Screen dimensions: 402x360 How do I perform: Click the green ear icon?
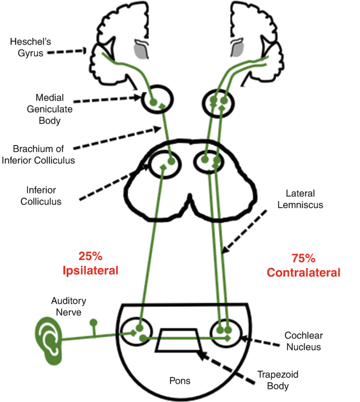tap(48, 342)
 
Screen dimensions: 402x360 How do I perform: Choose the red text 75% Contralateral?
tap(303, 266)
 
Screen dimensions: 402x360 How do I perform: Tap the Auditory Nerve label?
tap(68, 307)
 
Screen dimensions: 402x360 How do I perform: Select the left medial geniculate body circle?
tap(157, 101)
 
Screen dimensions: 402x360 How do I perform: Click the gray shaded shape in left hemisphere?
tap(140, 49)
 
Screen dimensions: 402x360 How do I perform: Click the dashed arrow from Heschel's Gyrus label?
tap(71, 51)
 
